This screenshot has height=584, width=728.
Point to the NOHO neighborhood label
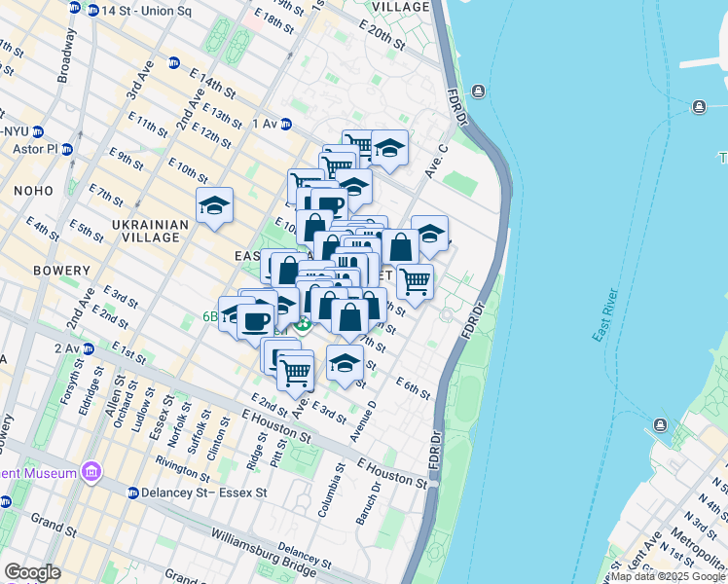click(x=34, y=193)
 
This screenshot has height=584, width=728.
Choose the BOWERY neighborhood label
click(x=34, y=270)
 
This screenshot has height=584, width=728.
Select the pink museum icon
click(x=91, y=473)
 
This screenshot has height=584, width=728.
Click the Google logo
click(x=32, y=572)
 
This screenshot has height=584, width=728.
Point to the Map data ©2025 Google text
click(x=668, y=576)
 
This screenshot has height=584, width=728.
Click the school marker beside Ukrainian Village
click(x=214, y=205)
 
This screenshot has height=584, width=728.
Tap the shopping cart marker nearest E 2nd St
click(x=295, y=369)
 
